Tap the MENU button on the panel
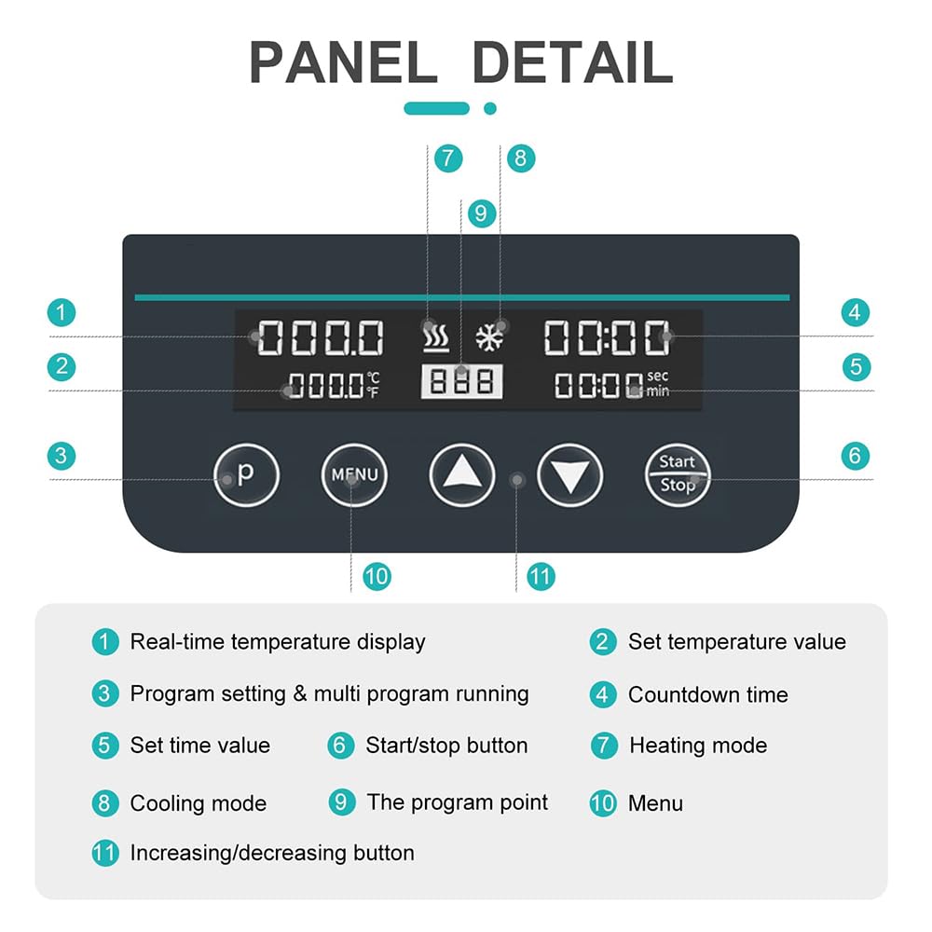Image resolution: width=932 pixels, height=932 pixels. (x=354, y=475)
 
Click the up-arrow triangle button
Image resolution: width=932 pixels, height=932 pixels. (x=462, y=475)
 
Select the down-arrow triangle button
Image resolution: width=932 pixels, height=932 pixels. (x=570, y=475)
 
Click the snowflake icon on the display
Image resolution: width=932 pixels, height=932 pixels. (x=490, y=338)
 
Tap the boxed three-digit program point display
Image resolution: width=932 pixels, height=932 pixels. (x=462, y=381)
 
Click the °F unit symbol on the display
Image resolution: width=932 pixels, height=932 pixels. (x=373, y=391)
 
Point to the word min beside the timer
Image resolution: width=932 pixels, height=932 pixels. (x=658, y=391)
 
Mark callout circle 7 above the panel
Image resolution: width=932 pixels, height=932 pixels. (x=448, y=158)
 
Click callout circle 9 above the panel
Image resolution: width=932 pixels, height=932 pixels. (x=482, y=213)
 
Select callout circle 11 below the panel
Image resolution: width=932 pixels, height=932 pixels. (x=541, y=577)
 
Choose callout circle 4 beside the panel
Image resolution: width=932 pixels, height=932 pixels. (x=856, y=312)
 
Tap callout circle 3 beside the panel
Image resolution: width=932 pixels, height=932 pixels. (x=62, y=456)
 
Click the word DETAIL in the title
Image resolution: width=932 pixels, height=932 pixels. (x=572, y=62)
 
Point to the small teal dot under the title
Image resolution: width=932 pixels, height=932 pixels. (x=490, y=108)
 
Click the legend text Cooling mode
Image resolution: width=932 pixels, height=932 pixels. (x=199, y=803)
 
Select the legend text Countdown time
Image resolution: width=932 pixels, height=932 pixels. (x=708, y=695)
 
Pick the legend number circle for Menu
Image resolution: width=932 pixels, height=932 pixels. (x=603, y=803)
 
